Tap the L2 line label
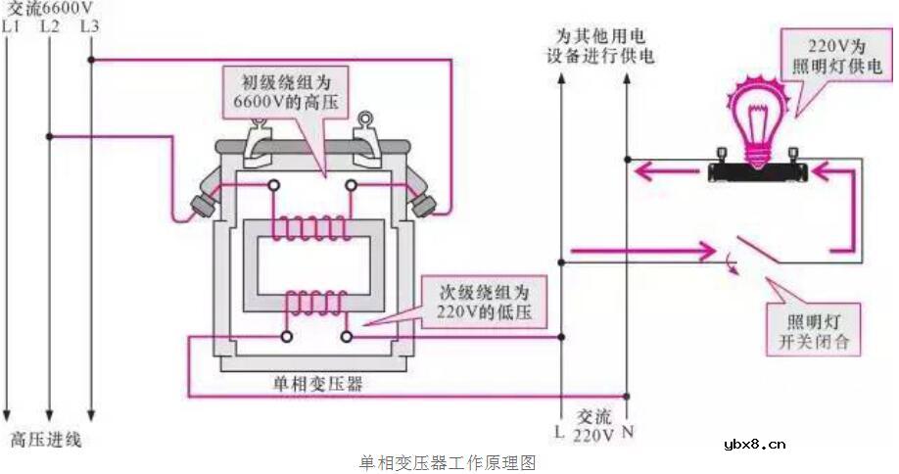50,25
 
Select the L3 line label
89,25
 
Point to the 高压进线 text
46,441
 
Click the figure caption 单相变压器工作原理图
449,461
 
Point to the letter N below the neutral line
628,430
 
